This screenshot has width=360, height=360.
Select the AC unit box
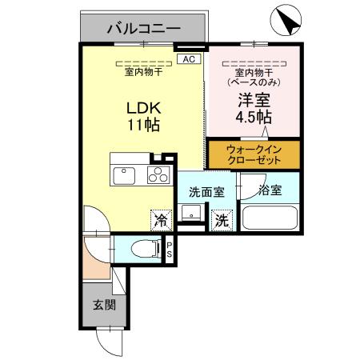point(188,58)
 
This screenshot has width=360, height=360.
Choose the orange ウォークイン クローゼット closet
point(252,154)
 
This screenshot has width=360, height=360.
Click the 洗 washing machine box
point(222,218)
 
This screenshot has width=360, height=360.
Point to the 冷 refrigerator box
point(162,218)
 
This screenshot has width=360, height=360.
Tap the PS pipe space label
point(169,250)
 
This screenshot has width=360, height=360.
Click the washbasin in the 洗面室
point(190,214)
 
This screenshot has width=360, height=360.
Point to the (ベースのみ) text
point(252,81)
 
